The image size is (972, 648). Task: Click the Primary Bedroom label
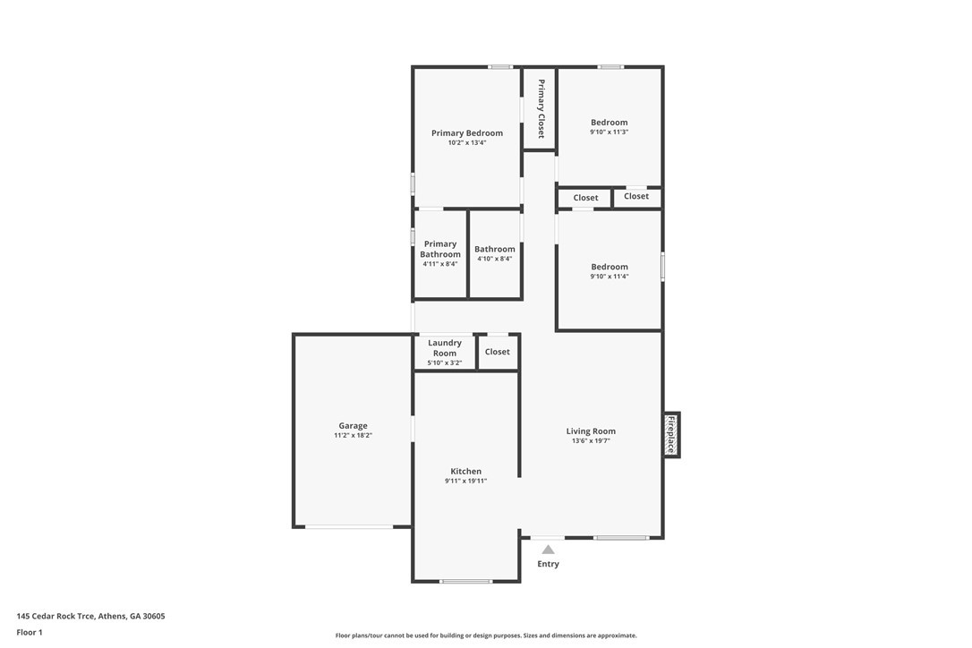pyautogui.click(x=466, y=132)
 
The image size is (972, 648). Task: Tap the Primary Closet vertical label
pyautogui.click(x=541, y=108)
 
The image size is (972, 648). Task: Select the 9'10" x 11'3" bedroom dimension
pyautogui.click(x=609, y=132)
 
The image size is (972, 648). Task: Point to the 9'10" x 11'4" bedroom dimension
pyautogui.click(x=609, y=277)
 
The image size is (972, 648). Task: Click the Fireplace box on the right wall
pyautogui.click(x=670, y=435)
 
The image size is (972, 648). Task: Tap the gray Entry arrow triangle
pyautogui.click(x=548, y=549)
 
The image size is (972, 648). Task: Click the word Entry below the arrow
pyautogui.click(x=548, y=564)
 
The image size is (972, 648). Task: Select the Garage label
pyautogui.click(x=353, y=426)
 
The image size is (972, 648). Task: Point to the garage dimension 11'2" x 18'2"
pyautogui.click(x=353, y=436)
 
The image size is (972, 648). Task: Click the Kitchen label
pyautogui.click(x=465, y=471)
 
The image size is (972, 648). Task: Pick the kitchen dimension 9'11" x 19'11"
pyautogui.click(x=465, y=482)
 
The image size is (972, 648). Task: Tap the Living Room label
pyautogui.click(x=591, y=431)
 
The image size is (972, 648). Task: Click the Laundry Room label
pyautogui.click(x=445, y=347)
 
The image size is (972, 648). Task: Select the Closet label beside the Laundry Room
pyautogui.click(x=497, y=352)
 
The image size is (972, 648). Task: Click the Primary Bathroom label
pyautogui.click(x=440, y=249)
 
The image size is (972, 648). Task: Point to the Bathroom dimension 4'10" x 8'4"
pyautogui.click(x=494, y=260)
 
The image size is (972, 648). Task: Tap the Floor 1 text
pyautogui.click(x=30, y=632)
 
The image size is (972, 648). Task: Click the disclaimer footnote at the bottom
pyautogui.click(x=486, y=635)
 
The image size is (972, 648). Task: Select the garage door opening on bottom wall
pyautogui.click(x=349, y=527)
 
